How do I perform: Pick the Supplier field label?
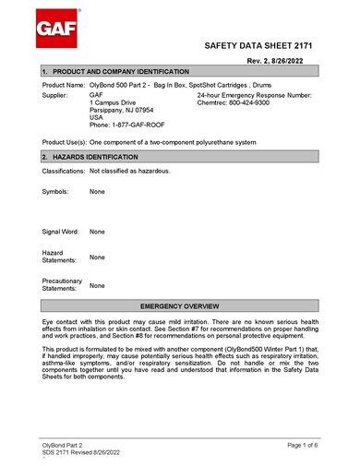pyautogui.click(x=55, y=95)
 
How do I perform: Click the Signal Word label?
pyautogui.click(x=61, y=232)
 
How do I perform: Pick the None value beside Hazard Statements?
pyautogui.click(x=97, y=257)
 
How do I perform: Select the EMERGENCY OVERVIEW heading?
pyautogui.click(x=179, y=305)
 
